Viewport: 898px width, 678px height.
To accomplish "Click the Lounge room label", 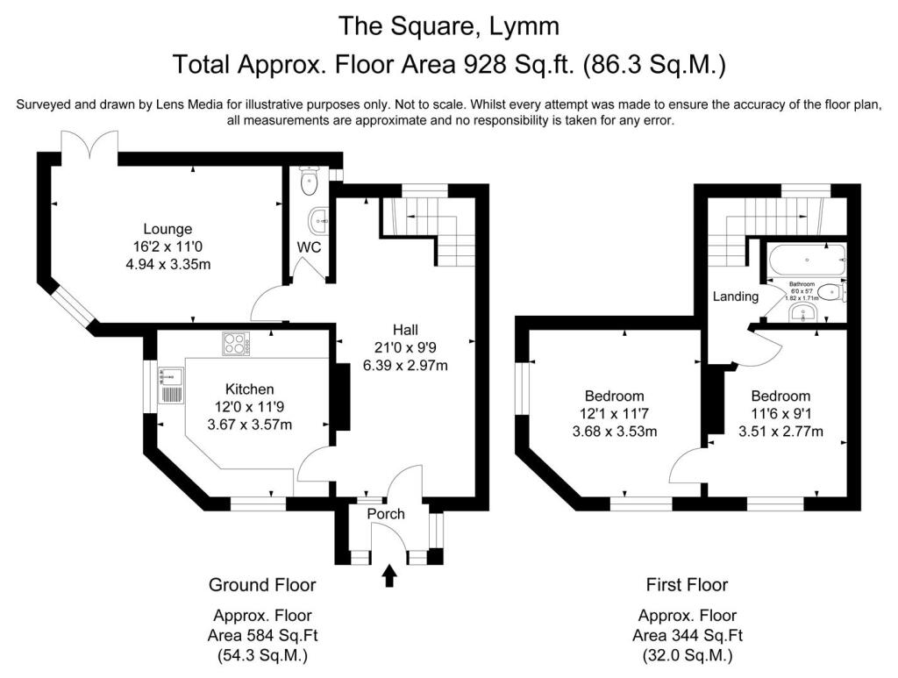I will tap(167, 230).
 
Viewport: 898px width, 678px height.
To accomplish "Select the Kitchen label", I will tap(250, 389).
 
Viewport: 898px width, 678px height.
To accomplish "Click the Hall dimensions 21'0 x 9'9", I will tap(405, 347).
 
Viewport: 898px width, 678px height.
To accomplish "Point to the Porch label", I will tap(386, 513).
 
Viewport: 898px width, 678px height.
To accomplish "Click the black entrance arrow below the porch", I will tap(389, 576).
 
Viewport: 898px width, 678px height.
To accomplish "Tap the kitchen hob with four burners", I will tap(236, 344).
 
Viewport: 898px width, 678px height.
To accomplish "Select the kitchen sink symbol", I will tap(170, 386).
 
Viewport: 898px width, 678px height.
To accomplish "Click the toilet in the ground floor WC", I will tap(308, 182).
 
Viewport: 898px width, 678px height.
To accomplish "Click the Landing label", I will tap(735, 296).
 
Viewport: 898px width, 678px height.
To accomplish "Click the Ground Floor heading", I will tap(262, 584).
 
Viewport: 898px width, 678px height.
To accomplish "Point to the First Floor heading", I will tap(688, 584).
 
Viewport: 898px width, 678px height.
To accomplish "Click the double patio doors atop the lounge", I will tap(90, 146).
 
